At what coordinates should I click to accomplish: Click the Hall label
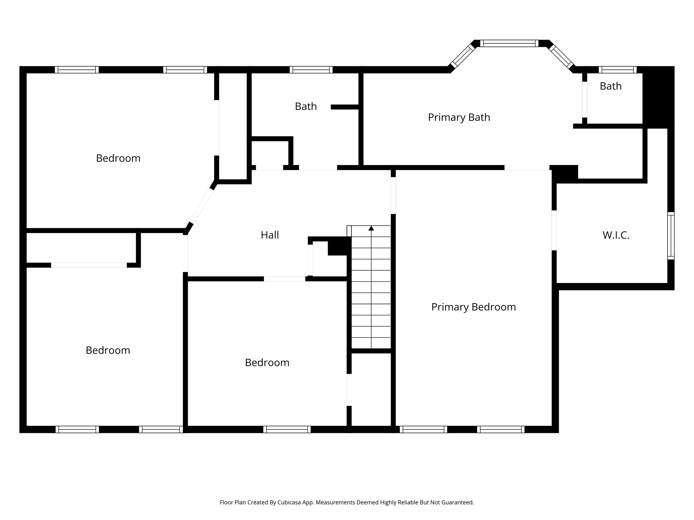[270, 235]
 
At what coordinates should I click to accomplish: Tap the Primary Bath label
[459, 117]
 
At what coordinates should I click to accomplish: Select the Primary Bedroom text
[473, 307]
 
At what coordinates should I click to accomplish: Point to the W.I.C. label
[616, 235]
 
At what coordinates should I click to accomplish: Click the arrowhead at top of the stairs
[371, 228]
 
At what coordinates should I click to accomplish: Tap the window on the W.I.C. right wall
[671, 236]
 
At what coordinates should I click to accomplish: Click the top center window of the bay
[509, 43]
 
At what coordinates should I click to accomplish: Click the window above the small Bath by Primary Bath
[617, 70]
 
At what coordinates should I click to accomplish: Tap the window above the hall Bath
[311, 70]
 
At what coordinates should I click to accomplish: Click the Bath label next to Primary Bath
[611, 86]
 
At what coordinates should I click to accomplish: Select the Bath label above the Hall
[306, 107]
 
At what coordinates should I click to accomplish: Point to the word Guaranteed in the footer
[458, 502]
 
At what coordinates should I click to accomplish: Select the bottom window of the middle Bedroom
[287, 429]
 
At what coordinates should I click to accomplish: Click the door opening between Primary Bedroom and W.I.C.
[554, 230]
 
